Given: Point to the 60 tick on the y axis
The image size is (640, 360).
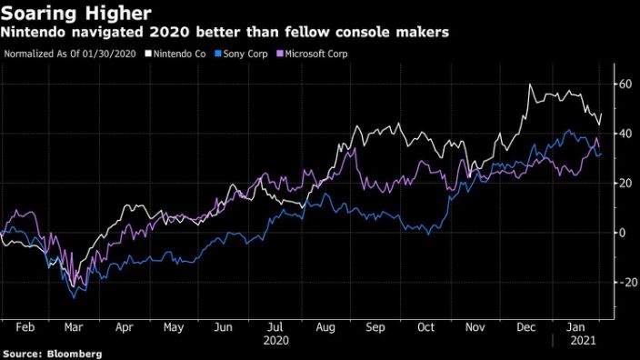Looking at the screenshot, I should click(x=625, y=85).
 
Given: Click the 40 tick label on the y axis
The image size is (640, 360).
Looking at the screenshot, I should click(x=625, y=134).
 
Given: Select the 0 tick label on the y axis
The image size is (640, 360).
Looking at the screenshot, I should click(x=623, y=233).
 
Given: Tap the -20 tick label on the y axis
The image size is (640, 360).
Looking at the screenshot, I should click(x=625, y=282).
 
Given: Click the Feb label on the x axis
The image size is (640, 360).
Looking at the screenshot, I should click(x=25, y=325).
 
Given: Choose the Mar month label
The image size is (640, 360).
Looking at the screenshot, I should click(x=75, y=325).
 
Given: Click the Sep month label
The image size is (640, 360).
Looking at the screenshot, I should click(x=374, y=325).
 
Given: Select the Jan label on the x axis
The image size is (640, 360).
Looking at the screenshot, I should click(x=575, y=325).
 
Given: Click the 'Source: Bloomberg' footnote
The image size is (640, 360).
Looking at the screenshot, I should click(x=52, y=353).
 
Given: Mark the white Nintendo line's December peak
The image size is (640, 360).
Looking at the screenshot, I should click(x=529, y=85).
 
